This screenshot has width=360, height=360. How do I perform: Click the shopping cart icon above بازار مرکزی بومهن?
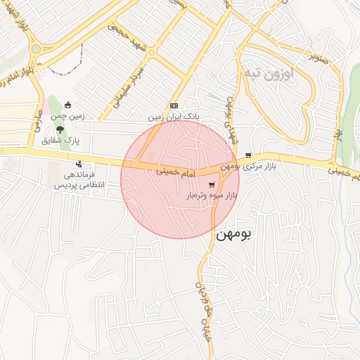tap(248, 155)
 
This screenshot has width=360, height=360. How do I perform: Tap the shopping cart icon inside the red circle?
tap(212, 184)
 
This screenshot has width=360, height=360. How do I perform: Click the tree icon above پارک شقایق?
tap(60, 129)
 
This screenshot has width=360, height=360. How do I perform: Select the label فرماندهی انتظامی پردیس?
tap(79, 179)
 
